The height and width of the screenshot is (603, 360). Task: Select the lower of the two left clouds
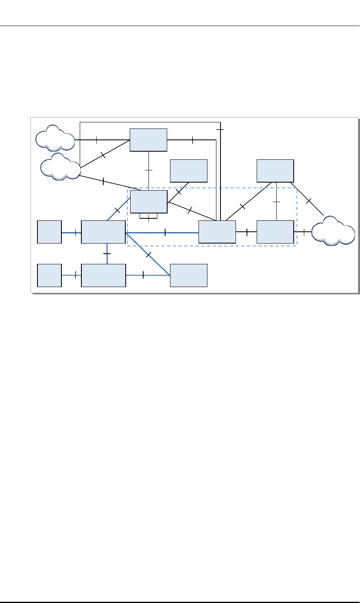tap(61, 166)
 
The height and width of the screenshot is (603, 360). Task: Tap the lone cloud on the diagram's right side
tap(332, 231)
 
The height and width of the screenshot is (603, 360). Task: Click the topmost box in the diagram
tap(148, 140)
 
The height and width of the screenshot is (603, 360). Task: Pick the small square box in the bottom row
tap(49, 275)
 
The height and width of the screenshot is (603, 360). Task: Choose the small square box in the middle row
tap(49, 232)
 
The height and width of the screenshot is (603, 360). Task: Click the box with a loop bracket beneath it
tap(148, 201)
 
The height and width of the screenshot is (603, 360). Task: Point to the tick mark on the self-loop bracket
tap(149, 218)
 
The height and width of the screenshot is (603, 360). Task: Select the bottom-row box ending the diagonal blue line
tap(188, 275)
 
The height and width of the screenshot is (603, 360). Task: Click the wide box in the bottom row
tap(103, 275)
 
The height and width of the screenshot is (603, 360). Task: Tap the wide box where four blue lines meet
tap(103, 232)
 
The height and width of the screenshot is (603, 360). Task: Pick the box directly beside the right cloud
tap(275, 232)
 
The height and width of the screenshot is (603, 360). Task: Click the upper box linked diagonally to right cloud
tap(275, 170)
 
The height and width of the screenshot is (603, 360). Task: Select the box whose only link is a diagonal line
tap(188, 170)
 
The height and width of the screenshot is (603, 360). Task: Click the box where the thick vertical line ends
tap(217, 232)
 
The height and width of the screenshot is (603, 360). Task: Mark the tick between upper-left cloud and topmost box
tap(96, 140)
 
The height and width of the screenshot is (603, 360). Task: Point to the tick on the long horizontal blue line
tap(165, 233)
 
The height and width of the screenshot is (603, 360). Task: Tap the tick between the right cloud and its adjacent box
tap(304, 232)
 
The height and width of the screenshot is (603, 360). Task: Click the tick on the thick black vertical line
tap(220, 129)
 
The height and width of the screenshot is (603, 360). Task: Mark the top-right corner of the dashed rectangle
tap(297, 188)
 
